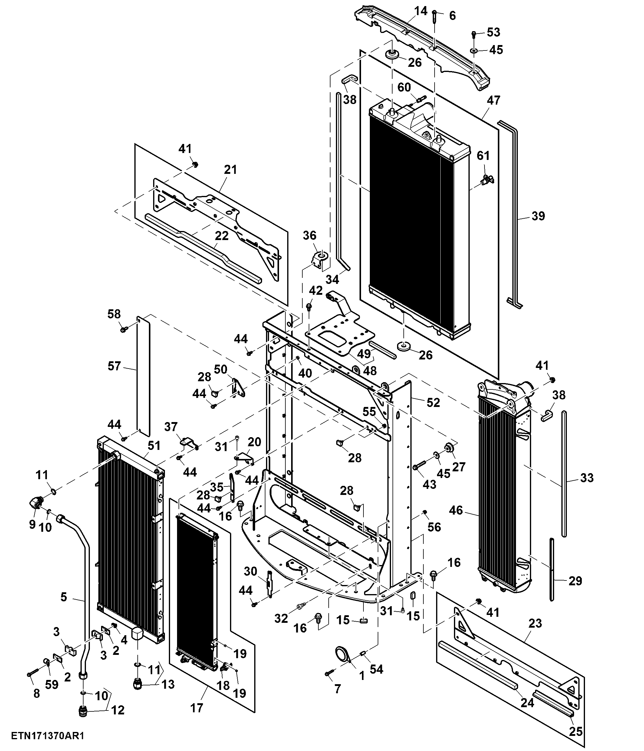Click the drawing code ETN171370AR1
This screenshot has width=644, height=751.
pos(48,736)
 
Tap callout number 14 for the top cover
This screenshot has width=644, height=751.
pos(421,11)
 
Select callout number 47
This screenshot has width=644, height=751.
pos(493,100)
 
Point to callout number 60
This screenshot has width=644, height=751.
pos(404,87)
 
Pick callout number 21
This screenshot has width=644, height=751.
pos(230,169)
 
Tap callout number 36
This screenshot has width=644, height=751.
pos(310,235)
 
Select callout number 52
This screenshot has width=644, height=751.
pos(433,402)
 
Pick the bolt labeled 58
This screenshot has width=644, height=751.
pos(124,330)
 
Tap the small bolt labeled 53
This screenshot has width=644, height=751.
pos(474,35)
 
